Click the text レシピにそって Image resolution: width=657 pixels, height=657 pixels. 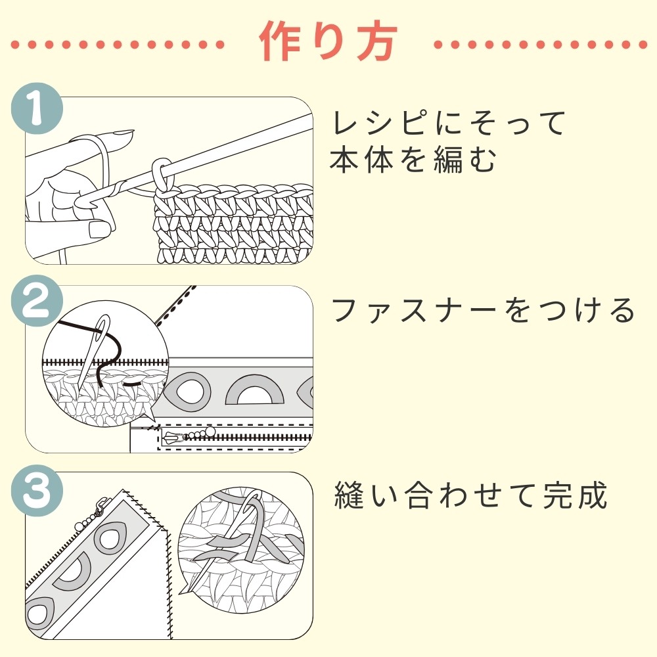pyautogui.click(x=449, y=124)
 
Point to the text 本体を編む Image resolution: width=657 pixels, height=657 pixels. pyautogui.click(x=413, y=160)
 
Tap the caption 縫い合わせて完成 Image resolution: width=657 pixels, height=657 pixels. pyautogui.click(x=470, y=496)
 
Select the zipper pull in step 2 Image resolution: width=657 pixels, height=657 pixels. pyautogui.click(x=173, y=436)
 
